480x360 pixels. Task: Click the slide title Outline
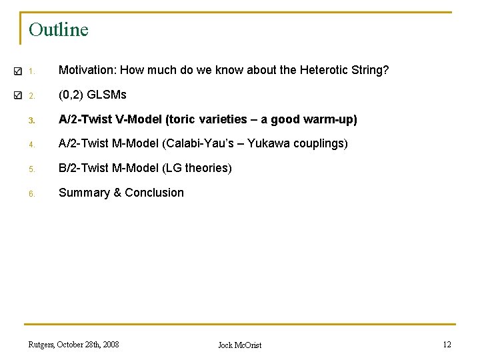click(x=59, y=30)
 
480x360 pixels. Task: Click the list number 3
click(x=31, y=121)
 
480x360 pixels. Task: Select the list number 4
click(x=31, y=145)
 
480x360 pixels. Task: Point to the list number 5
click(x=31, y=169)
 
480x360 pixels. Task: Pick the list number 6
click(x=31, y=193)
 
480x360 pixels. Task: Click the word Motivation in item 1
click(x=84, y=70)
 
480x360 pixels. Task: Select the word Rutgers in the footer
click(x=42, y=345)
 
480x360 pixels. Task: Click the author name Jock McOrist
click(x=240, y=345)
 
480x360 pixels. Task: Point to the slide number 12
click(x=447, y=345)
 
